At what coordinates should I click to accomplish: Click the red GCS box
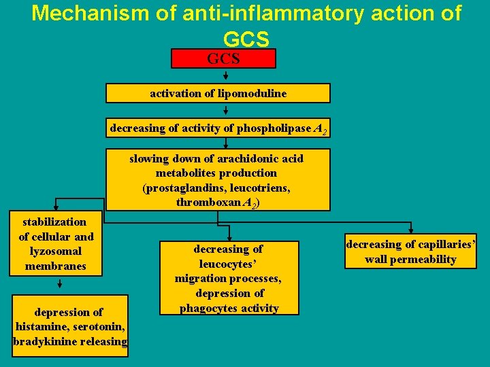point(223,58)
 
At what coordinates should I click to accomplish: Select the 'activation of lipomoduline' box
point(218,93)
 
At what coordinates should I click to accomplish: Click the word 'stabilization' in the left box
point(54,222)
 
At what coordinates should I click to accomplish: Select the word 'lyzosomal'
point(56,251)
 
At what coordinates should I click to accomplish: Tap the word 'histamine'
point(42,327)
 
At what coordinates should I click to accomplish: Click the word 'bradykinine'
point(44,341)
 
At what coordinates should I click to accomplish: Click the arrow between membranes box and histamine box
point(59,285)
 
